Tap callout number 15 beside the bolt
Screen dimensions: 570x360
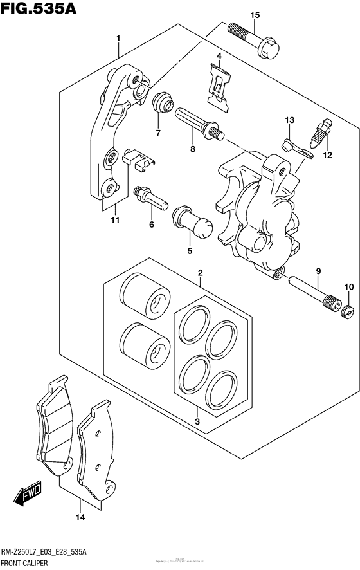pyautogui.click(x=255, y=15)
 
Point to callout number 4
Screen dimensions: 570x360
pyautogui.click(x=219, y=57)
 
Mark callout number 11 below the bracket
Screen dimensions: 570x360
pyautogui.click(x=115, y=221)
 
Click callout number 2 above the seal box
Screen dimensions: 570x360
pyautogui.click(x=201, y=272)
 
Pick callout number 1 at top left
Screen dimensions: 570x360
pyautogui.click(x=118, y=39)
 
